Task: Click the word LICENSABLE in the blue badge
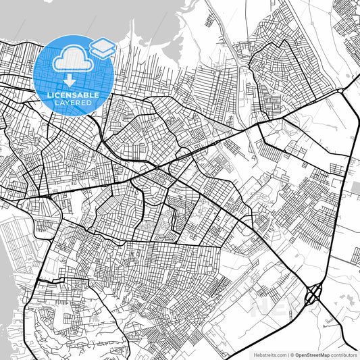73,95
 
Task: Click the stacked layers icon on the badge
102,48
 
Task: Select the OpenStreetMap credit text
311,354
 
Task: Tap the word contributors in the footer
344,354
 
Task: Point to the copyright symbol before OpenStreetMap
292,354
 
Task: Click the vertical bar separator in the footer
287,354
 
